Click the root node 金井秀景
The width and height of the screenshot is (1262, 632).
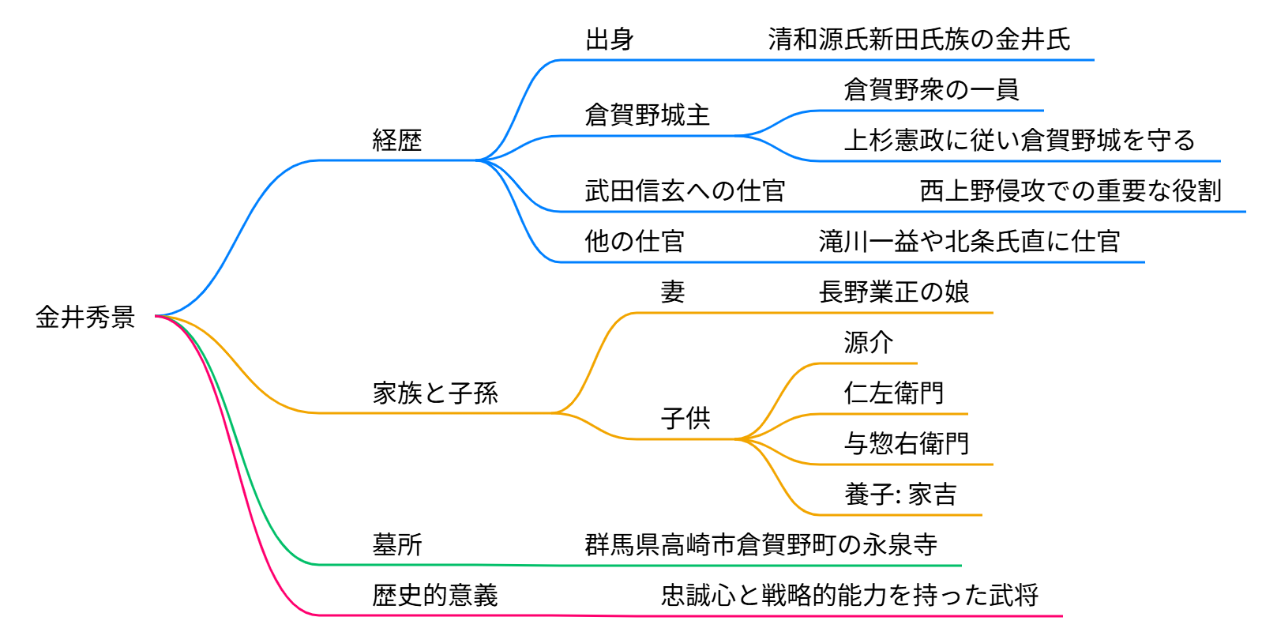coord(85,318)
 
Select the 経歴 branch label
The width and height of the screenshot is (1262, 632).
coord(397,141)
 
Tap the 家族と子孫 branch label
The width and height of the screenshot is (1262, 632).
coord(435,393)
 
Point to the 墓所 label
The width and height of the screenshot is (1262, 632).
coord(397,545)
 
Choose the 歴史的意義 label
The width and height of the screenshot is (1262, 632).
coord(435,596)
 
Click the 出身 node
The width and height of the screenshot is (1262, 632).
coord(610,39)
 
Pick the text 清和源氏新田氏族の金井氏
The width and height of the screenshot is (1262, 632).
coord(919,39)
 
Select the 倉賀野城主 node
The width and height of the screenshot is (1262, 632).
coord(648,115)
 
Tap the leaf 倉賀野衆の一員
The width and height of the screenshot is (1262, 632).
coord(931,90)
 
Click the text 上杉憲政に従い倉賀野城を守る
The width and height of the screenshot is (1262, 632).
coord(1020,141)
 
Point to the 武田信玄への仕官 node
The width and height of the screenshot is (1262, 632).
coord(685,191)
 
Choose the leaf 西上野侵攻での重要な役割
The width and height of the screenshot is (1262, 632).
coord(1070,191)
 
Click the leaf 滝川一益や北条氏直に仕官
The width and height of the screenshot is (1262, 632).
coord(969,242)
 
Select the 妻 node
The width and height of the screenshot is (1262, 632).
coord(673,292)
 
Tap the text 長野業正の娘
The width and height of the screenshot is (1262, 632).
coord(894,292)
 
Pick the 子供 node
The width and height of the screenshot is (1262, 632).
coord(685,419)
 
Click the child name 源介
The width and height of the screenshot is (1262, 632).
coord(869,343)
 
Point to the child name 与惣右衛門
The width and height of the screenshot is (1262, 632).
coord(907,444)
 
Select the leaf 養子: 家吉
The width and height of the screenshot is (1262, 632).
coord(900,495)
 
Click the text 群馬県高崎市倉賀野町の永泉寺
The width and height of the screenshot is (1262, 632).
coord(761,545)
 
